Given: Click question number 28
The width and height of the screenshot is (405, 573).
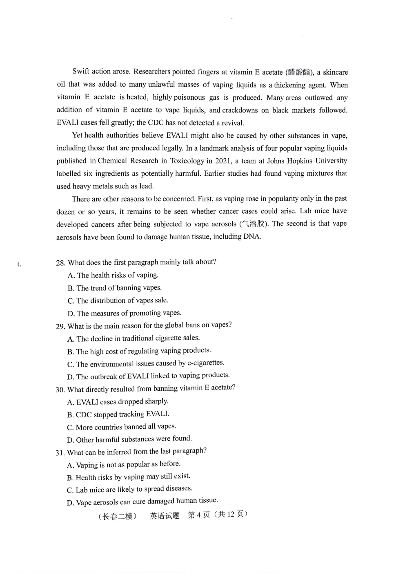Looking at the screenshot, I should (60, 263).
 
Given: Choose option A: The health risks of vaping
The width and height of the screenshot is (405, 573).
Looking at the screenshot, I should (113, 275).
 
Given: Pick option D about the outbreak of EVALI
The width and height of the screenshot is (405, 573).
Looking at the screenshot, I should (149, 376).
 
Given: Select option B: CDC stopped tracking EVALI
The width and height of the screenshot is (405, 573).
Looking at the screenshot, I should (118, 414).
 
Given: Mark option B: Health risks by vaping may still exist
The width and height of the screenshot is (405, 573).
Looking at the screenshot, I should (129, 477).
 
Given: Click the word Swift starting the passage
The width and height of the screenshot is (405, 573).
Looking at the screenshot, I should (80, 71).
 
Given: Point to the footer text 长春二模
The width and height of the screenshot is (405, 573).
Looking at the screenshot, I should (118, 516).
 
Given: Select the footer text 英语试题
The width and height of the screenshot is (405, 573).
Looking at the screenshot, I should (165, 516).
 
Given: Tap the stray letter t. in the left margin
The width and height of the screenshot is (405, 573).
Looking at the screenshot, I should (19, 264).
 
